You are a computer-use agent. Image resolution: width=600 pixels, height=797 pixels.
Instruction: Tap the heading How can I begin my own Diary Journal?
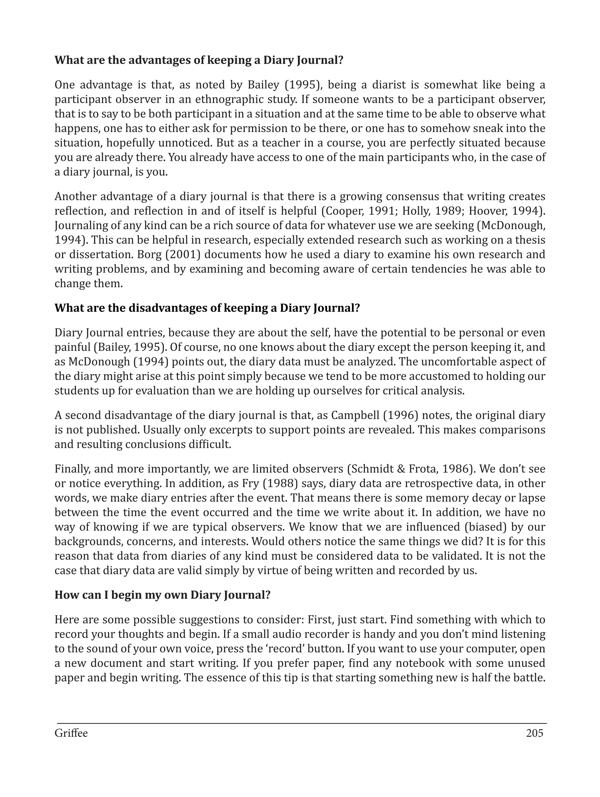(162, 595)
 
